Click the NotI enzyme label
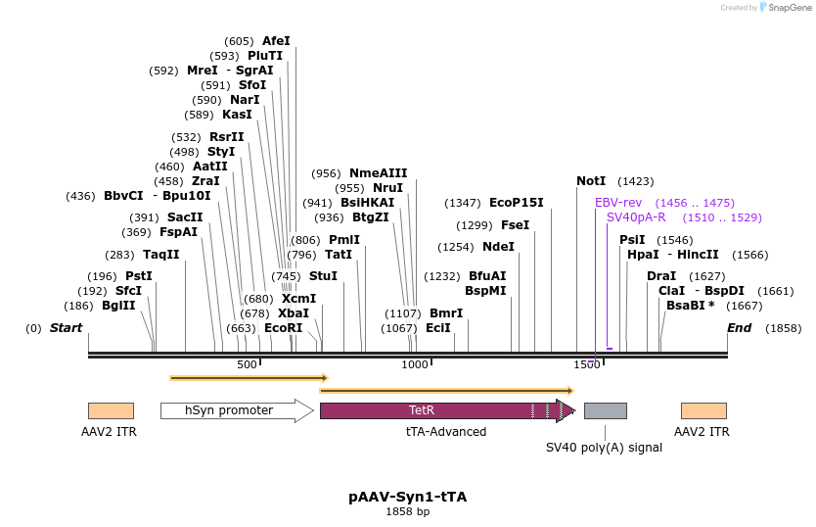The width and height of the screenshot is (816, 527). (x=591, y=181)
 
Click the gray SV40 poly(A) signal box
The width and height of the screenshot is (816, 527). (x=605, y=410)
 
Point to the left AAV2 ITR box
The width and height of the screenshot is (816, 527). (x=111, y=410)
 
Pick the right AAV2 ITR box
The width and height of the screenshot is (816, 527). (x=703, y=410)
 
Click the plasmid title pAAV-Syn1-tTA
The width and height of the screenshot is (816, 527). (x=407, y=497)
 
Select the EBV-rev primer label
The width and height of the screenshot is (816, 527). (x=617, y=202)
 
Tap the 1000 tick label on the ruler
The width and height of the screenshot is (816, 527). (x=416, y=364)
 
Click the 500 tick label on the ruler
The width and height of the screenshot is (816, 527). (x=248, y=364)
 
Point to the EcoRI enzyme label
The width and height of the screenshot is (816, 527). (x=283, y=328)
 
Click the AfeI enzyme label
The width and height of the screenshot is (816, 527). (x=276, y=41)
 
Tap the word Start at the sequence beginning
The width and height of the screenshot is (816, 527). (x=66, y=328)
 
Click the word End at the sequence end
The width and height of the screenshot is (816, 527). (x=739, y=328)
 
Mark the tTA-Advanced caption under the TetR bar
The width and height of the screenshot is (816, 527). (x=446, y=431)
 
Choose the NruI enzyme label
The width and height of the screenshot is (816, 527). (x=388, y=188)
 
